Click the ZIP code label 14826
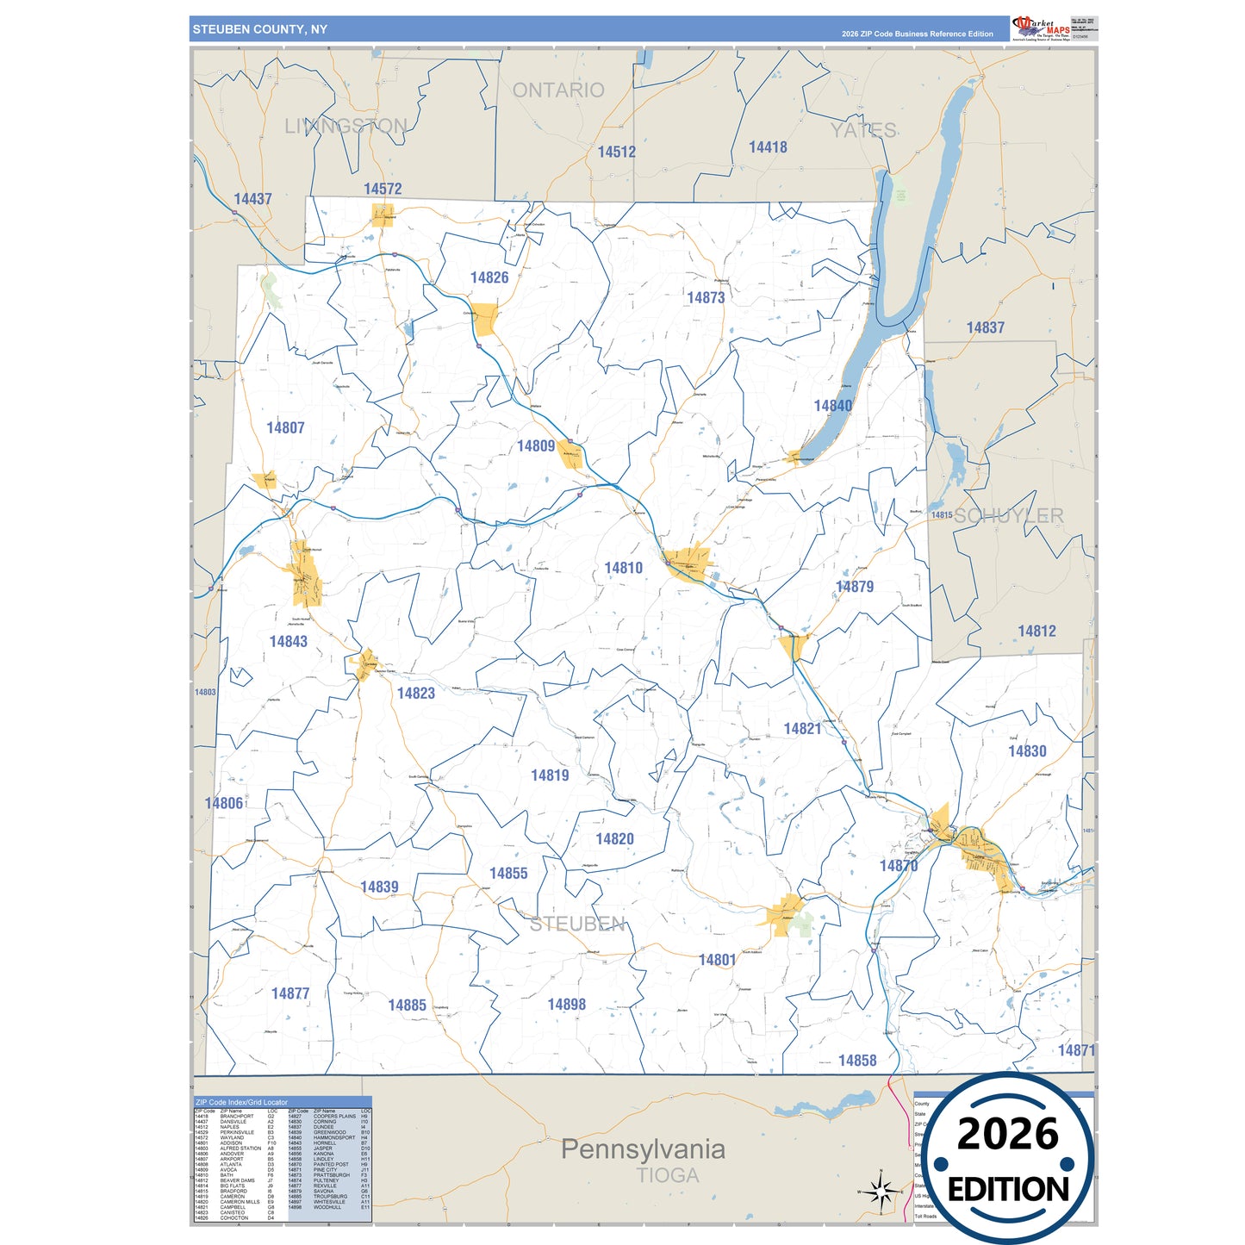click(489, 277)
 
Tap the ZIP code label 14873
click(705, 298)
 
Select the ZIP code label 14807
click(285, 428)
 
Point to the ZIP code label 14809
click(535, 446)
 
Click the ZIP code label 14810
click(623, 569)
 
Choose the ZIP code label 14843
click(288, 642)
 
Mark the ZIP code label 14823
click(415, 694)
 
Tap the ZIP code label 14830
click(1027, 751)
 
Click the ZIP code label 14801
click(717, 960)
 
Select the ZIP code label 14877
click(290, 994)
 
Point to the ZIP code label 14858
click(857, 1061)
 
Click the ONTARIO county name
click(558, 90)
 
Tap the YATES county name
click(863, 131)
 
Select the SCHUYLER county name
click(1008, 516)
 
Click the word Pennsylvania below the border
click(643, 1149)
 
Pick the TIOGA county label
click(668, 1175)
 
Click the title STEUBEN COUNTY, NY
click(260, 29)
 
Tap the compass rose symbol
click(880, 1192)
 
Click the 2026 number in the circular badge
click(1007, 1134)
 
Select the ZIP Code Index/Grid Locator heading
click(242, 1102)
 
